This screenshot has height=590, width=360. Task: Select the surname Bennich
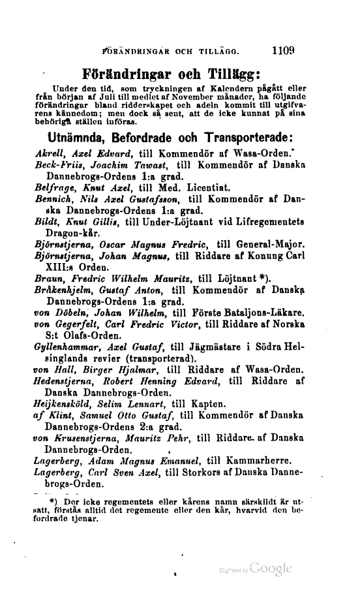point(53,201)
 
